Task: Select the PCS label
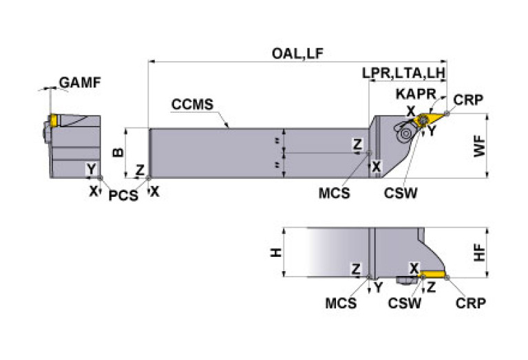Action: click(x=123, y=195)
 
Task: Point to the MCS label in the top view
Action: click(x=334, y=194)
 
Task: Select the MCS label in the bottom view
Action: click(x=341, y=303)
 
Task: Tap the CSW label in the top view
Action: click(x=401, y=194)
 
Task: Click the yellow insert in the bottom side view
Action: click(x=433, y=274)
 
